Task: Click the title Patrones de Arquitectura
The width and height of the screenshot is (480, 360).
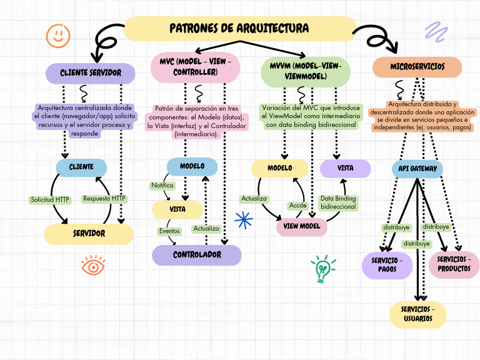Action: click(239, 29)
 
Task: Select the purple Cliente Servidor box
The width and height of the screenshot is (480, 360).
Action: click(91, 73)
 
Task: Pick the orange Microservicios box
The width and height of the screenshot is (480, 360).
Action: click(417, 66)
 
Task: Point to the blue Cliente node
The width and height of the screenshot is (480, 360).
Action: click(81, 167)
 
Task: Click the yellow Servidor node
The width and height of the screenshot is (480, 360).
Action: click(89, 234)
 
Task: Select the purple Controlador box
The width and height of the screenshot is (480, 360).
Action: click(197, 255)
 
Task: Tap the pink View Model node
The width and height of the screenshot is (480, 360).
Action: click(302, 226)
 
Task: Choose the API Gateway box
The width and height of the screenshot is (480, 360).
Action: click(417, 169)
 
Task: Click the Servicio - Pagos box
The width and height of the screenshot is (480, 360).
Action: click(387, 264)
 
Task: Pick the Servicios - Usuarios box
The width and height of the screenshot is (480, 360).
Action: click(418, 314)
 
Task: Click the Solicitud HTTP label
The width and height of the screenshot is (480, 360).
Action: click(50, 200)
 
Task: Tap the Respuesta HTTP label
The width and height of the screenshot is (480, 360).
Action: click(104, 199)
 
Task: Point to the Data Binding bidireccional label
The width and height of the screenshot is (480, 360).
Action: click(338, 202)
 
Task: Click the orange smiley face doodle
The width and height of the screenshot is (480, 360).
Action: click(58, 35)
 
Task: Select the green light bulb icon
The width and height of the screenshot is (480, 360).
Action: click(323, 269)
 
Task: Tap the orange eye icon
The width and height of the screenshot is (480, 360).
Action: click(93, 266)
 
